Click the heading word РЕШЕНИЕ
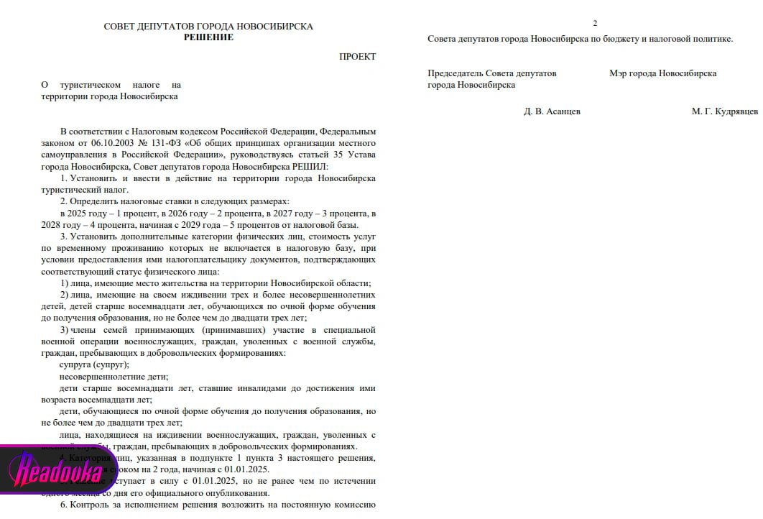pyautogui.click(x=208, y=37)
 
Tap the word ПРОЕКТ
pyautogui.click(x=357, y=57)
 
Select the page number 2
pyautogui.click(x=595, y=23)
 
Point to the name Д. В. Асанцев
pyautogui.click(x=552, y=111)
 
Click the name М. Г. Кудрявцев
pyautogui.click(x=724, y=111)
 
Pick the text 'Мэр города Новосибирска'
pyautogui.click(x=662, y=73)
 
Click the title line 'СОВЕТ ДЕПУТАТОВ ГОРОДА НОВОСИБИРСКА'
pyautogui.click(x=208, y=27)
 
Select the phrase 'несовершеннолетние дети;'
pyautogui.click(x=114, y=377)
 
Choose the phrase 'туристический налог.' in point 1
pyautogui.click(x=85, y=190)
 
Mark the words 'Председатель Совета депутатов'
pyautogui.click(x=492, y=73)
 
